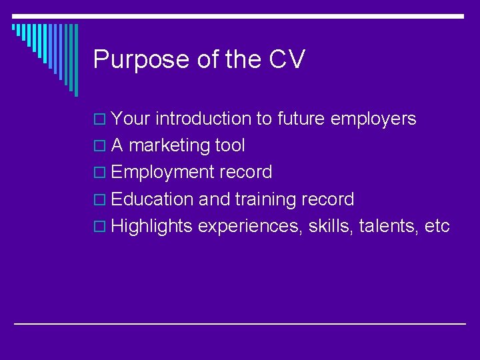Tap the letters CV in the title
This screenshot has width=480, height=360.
coord(287,59)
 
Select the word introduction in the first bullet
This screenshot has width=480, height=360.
coord(205,119)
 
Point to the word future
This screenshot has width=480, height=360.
coord(300,119)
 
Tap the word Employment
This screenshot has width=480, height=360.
coord(163,173)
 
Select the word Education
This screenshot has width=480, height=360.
coord(153,199)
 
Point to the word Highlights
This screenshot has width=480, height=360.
coord(153,227)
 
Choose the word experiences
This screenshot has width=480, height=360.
coord(251,227)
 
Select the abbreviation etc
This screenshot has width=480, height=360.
coord(437,227)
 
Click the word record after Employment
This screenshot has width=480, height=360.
coord(245,173)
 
